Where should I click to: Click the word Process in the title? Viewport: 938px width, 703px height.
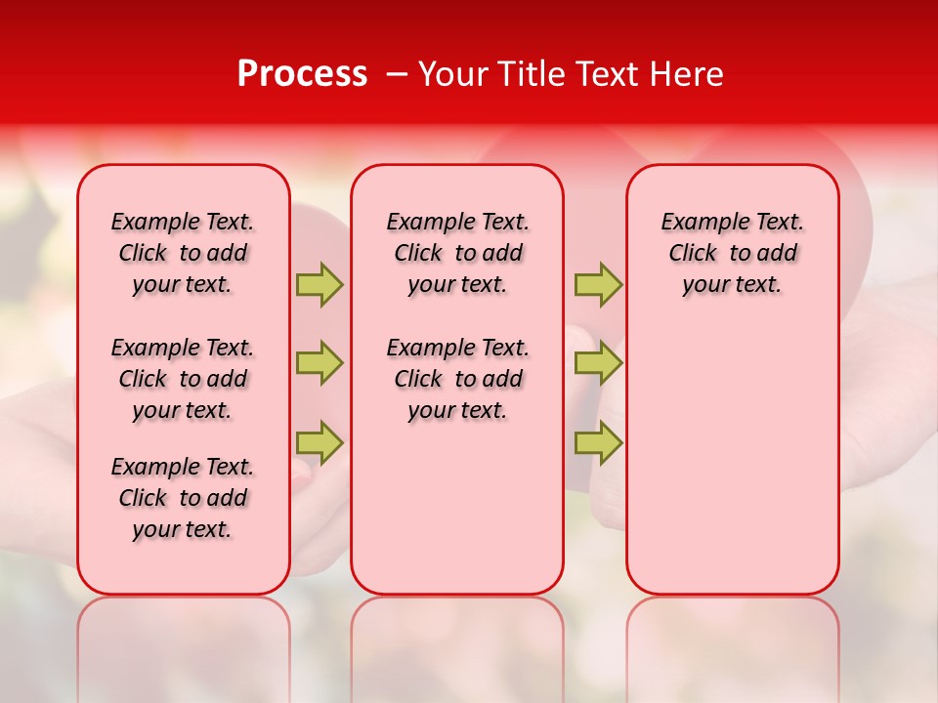(302, 74)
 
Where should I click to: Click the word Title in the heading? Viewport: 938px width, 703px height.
(524, 74)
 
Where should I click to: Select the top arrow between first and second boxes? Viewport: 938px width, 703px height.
(320, 284)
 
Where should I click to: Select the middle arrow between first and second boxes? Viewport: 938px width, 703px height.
(320, 363)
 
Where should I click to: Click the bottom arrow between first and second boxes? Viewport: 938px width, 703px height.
(320, 442)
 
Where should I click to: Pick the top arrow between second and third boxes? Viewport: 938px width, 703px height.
(598, 284)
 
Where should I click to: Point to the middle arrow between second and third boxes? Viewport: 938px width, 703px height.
(598, 363)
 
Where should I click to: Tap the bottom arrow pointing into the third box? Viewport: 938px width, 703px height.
(598, 442)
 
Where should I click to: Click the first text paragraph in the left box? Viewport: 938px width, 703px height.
(183, 253)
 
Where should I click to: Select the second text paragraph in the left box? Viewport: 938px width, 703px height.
(183, 379)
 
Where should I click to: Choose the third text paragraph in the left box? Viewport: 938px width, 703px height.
(183, 498)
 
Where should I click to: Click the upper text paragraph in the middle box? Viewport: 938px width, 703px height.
(457, 253)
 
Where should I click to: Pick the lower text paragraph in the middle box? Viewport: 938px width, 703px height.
(457, 379)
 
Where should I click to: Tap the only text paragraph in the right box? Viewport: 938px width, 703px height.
(732, 253)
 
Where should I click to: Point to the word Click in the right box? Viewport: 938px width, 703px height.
(692, 254)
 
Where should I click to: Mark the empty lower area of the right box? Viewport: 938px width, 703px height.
(732, 459)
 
